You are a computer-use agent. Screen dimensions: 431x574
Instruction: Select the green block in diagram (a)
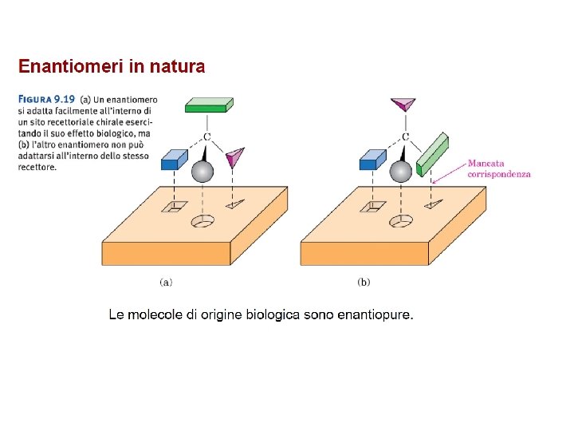click(209, 105)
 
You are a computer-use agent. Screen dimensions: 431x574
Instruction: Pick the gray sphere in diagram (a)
click(203, 171)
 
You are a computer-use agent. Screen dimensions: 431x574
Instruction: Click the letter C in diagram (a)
click(207, 137)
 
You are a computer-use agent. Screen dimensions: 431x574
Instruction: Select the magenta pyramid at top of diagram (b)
click(403, 104)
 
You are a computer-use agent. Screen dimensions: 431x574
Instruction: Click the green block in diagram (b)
click(432, 154)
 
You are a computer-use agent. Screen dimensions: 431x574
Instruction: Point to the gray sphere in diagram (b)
click(401, 171)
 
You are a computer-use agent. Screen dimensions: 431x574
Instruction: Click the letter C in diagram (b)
click(406, 137)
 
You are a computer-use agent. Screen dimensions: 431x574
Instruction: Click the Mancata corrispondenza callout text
click(498, 168)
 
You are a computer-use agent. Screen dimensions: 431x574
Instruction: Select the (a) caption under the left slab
click(166, 281)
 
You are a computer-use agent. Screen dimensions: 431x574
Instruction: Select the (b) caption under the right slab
click(364, 281)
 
